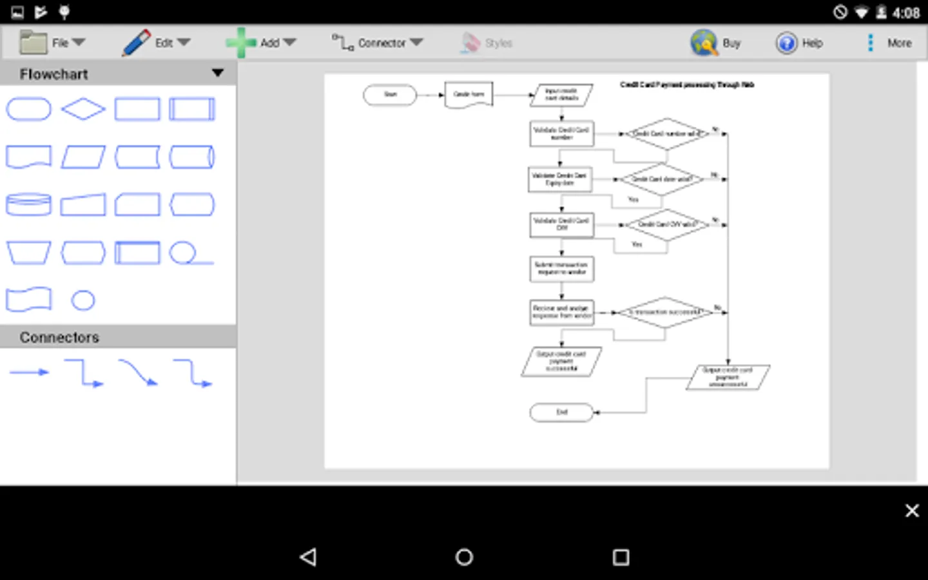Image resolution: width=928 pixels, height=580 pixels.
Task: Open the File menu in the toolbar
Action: (52, 43)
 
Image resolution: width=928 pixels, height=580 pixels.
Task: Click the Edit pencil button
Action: (155, 43)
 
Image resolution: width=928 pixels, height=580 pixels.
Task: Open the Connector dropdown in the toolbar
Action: (378, 43)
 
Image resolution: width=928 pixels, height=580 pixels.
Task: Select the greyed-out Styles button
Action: (487, 43)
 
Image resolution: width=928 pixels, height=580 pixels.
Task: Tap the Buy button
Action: (716, 43)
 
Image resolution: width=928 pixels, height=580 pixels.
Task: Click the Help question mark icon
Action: (786, 43)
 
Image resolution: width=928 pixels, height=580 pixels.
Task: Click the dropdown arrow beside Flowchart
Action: (218, 73)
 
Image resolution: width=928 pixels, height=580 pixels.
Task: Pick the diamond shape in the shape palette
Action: (83, 109)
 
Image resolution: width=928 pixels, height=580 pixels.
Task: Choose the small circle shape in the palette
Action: (83, 300)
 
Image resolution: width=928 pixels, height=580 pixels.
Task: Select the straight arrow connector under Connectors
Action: (29, 372)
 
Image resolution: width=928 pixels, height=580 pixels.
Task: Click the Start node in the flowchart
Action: (390, 95)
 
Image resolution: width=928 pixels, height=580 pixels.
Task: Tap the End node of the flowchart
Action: (561, 412)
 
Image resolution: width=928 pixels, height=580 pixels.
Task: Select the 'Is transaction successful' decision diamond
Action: (665, 313)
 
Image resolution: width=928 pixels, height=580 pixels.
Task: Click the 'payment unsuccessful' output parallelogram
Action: (728, 377)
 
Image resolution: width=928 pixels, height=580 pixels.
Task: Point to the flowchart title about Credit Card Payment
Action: (687, 84)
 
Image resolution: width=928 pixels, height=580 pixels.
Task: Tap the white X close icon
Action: (912, 510)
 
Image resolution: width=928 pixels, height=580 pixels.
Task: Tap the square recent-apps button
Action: (621, 557)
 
